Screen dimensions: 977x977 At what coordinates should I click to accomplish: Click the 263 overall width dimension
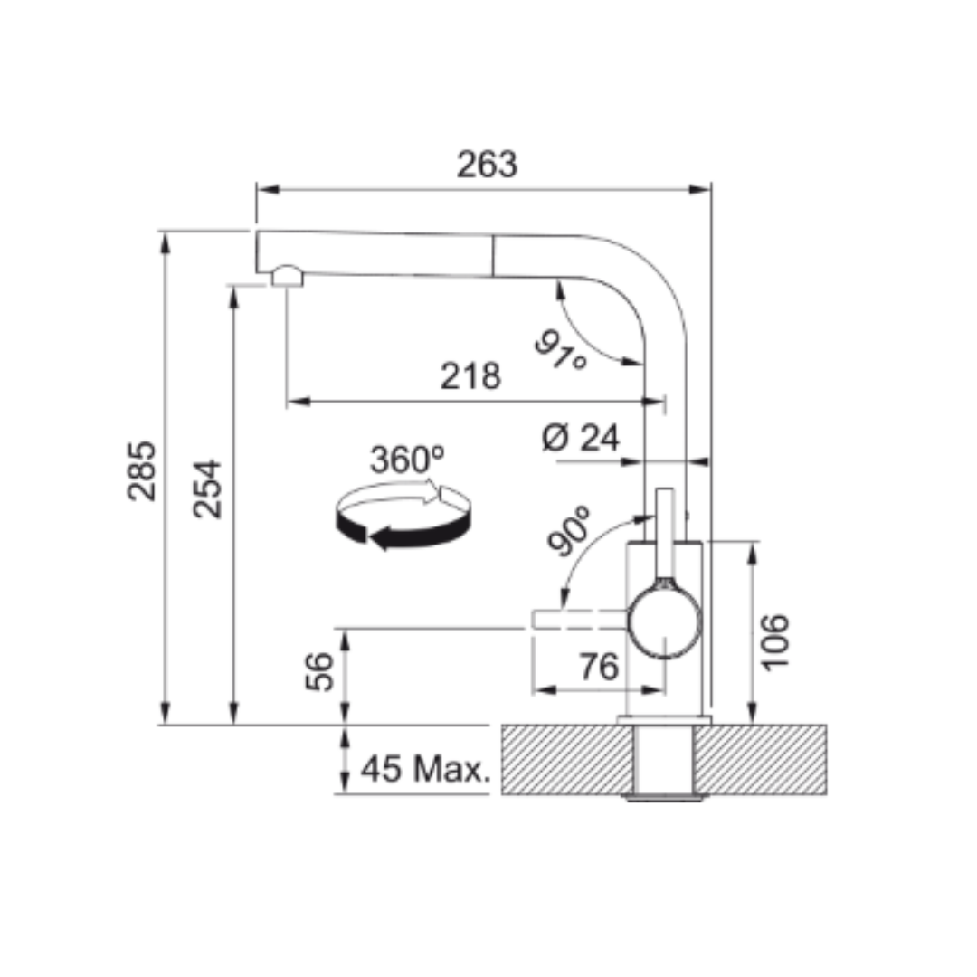pos(487,165)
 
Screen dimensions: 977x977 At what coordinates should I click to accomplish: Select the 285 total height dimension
pos(142,470)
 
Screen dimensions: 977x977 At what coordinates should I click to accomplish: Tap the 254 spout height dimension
pos(207,489)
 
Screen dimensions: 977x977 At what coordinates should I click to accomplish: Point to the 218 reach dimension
pos(470,375)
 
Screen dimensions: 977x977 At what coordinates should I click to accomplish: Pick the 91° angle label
pos(561,350)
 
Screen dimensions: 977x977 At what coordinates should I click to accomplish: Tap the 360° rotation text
pos(407,460)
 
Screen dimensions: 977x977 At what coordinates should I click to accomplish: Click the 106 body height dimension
pos(775,642)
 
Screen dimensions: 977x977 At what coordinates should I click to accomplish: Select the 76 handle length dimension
pos(600,667)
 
